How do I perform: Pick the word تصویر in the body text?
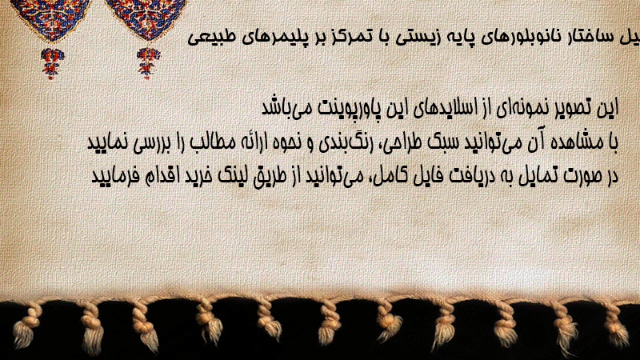click(577, 108)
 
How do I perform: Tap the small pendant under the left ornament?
click(52, 62)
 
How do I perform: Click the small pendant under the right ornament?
click(148, 62)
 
